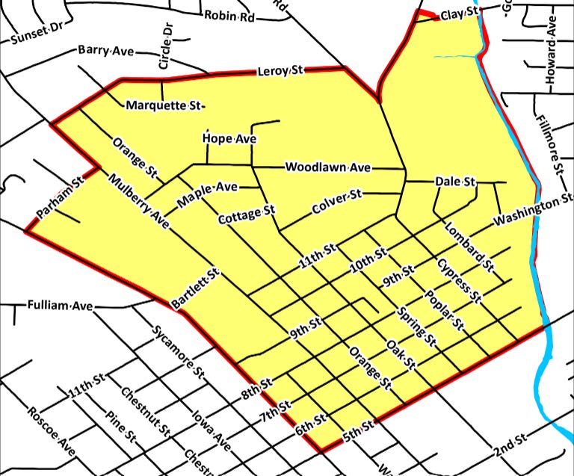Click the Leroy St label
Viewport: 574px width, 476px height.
click(280, 72)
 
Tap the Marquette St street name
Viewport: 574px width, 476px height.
click(165, 105)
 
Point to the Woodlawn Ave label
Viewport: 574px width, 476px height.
click(328, 168)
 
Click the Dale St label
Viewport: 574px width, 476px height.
click(455, 182)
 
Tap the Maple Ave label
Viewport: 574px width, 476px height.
click(206, 194)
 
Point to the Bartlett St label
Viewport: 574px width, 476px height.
click(194, 289)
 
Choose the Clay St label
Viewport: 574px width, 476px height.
click(459, 14)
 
